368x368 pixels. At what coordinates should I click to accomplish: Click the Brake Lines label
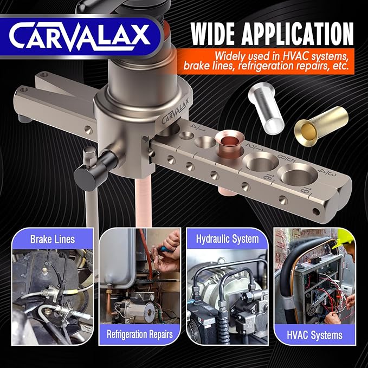pyautogui.click(x=52, y=238)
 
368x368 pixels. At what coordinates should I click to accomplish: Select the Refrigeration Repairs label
pyautogui.click(x=139, y=334)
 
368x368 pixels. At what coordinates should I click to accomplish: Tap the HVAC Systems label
pyautogui.click(x=315, y=335)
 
